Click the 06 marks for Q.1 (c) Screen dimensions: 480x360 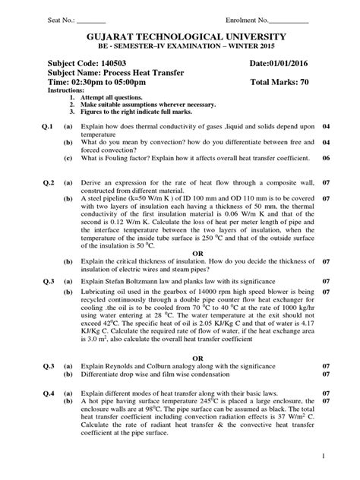pos(327,159)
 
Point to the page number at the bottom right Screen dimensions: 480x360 pos(322,457)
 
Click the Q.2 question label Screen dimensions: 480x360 pos(50,183)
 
